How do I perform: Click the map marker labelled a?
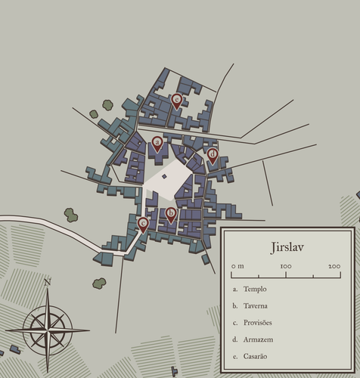coord(157,142)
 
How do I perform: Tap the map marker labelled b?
coord(171,215)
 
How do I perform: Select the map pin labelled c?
coord(176,99)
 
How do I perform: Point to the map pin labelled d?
coord(213,155)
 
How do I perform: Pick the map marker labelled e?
coord(143,224)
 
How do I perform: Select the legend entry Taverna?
coord(256,305)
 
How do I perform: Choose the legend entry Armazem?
coord(258,339)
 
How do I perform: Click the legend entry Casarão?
coord(256,356)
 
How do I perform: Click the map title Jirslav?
coord(287,248)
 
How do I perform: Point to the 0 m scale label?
coord(237,266)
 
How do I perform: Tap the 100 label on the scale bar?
coord(286,266)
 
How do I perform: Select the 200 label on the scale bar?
coord(334,266)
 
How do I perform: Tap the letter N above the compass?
coord(48,283)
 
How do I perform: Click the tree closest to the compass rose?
coord(99,283)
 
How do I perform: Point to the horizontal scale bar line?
coord(286,273)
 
